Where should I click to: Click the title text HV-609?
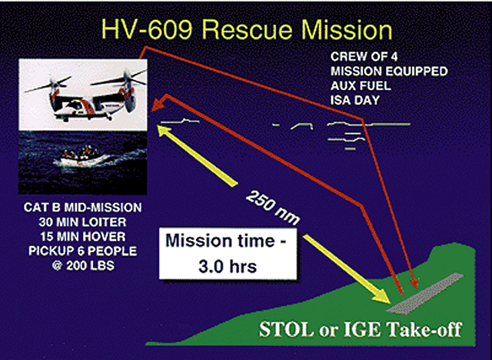147,30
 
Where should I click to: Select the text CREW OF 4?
364,57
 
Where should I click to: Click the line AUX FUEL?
361,85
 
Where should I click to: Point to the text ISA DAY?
355,101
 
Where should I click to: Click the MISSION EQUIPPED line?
389,72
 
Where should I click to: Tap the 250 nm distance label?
272,208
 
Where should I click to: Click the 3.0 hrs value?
228,266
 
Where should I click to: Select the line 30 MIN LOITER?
82,222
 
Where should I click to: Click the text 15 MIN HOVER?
82,237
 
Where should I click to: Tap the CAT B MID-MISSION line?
82,208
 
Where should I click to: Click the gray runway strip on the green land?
425,293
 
